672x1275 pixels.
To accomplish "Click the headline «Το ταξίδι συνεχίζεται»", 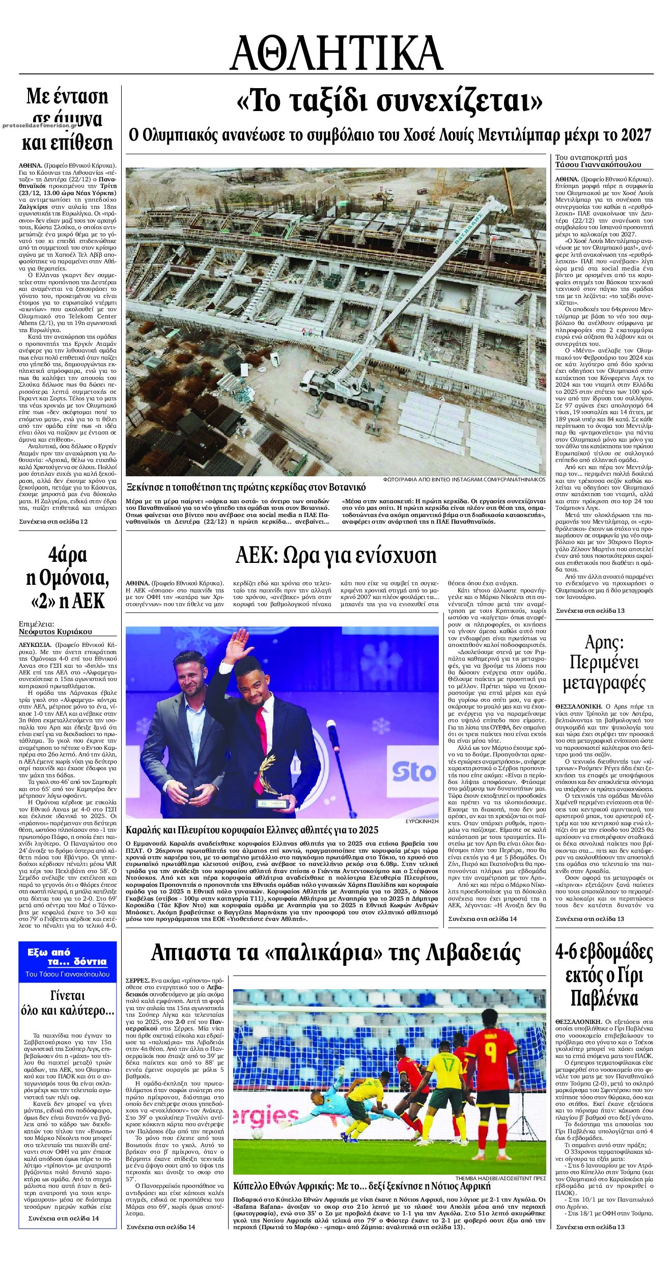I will point(389,101).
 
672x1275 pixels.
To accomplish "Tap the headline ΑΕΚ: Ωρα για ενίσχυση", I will point(336,555).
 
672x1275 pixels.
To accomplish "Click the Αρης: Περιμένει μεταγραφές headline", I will point(604,663).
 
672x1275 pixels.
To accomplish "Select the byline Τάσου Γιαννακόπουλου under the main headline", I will point(598,165).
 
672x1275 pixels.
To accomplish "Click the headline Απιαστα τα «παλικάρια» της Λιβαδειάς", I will point(336,952).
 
